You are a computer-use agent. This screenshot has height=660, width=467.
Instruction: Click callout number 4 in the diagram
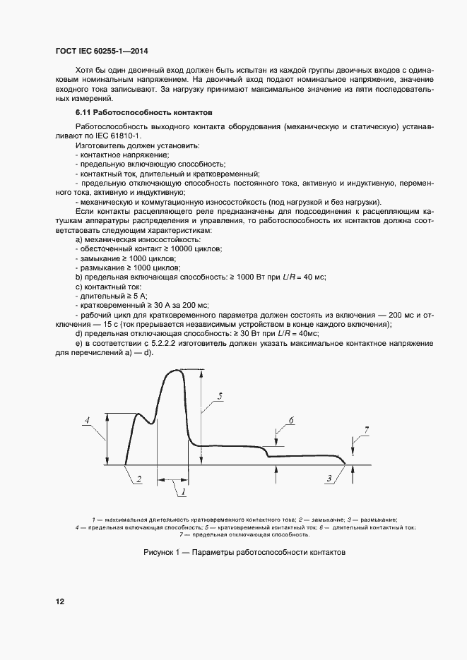[x=86, y=422]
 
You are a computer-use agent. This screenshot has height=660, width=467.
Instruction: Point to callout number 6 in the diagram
[x=290, y=423]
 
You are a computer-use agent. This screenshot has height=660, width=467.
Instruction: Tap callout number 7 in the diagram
[x=366, y=430]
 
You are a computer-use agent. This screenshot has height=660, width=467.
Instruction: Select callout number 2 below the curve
[x=139, y=480]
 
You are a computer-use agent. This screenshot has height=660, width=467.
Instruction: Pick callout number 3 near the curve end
[x=329, y=479]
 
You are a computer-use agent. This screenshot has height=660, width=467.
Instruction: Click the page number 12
[x=60, y=602]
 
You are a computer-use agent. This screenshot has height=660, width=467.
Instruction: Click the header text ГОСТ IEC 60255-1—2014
[x=100, y=52]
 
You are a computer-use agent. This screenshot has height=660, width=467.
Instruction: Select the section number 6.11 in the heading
[x=84, y=113]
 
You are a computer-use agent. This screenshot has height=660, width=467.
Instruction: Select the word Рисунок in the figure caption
[x=160, y=553]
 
